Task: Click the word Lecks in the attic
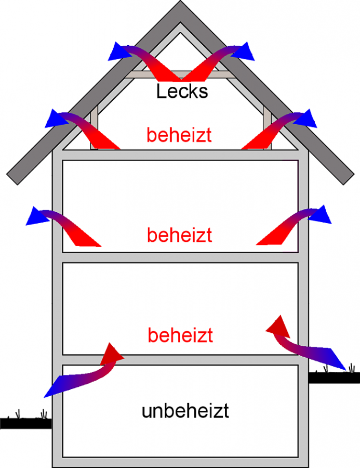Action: point(182,92)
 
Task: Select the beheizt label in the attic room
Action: point(179,135)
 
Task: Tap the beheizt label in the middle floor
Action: point(179,235)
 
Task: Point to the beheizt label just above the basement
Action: point(180,335)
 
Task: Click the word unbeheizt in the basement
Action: point(185,411)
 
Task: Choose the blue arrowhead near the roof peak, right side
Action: point(244,50)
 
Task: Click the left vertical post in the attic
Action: point(95,129)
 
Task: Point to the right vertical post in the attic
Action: point(268,129)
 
